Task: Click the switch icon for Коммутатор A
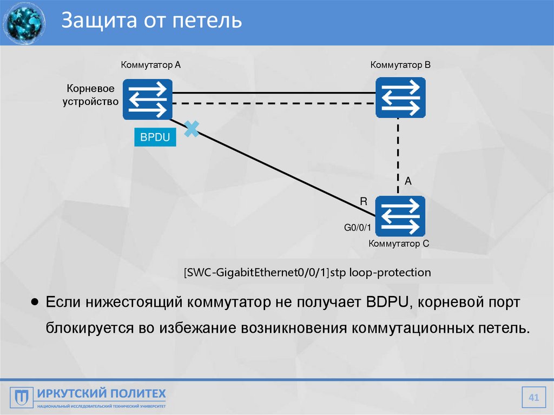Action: pos(147,99)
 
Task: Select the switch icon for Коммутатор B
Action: pos(400,97)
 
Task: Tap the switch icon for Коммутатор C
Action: pos(400,216)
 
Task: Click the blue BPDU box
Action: pos(155,138)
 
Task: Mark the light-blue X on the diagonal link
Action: pos(192,129)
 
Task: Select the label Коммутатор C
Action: pos(399,244)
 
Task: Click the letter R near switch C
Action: pos(364,201)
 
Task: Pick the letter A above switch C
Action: pos(408,182)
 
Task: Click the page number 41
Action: pos(534,399)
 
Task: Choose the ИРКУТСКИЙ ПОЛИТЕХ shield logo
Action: pos(18,398)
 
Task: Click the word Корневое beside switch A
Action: pos(90,88)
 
